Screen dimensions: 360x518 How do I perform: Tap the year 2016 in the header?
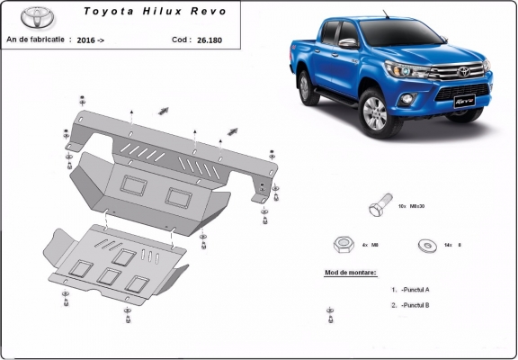click(87, 40)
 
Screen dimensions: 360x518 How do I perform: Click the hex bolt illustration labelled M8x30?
click(378, 208)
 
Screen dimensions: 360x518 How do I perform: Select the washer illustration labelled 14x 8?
click(424, 244)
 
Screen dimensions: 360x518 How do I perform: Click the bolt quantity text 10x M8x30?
click(411, 208)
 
